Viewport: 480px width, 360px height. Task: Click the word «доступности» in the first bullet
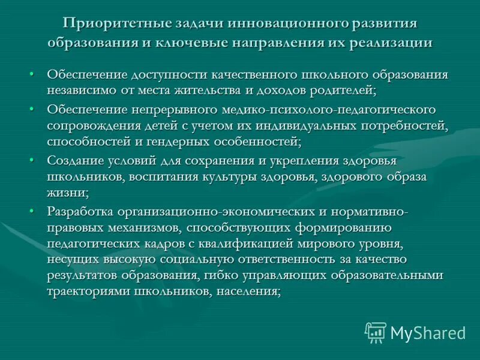coord(166,76)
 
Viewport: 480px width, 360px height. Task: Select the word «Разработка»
coord(80,211)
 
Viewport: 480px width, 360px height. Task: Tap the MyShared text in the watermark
coord(427,332)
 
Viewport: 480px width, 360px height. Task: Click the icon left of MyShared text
coord(376,332)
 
